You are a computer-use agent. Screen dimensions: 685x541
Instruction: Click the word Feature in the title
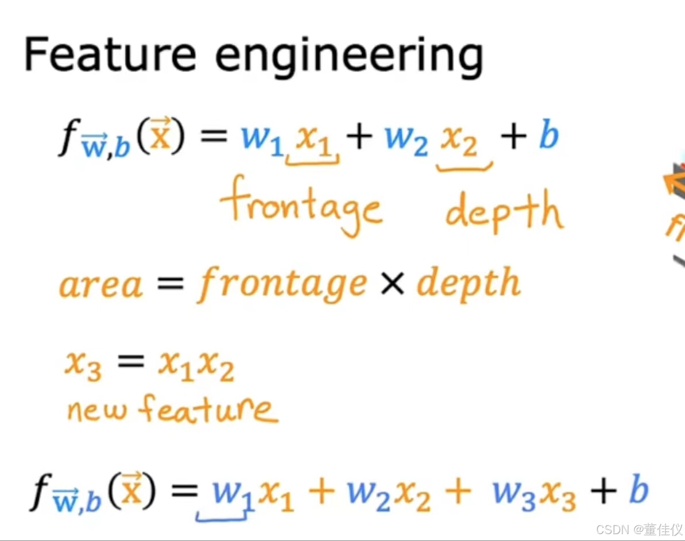coord(109,56)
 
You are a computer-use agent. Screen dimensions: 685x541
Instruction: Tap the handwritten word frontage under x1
coord(300,208)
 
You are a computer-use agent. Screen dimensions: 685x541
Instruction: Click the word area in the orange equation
coord(100,284)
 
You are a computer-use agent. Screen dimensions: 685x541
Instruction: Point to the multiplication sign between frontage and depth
coord(392,284)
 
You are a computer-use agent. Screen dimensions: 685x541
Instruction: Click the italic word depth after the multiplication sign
coord(468,284)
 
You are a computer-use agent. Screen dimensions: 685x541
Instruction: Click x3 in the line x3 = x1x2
coord(83,366)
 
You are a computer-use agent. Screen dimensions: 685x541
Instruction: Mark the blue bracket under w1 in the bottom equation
coord(221,517)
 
